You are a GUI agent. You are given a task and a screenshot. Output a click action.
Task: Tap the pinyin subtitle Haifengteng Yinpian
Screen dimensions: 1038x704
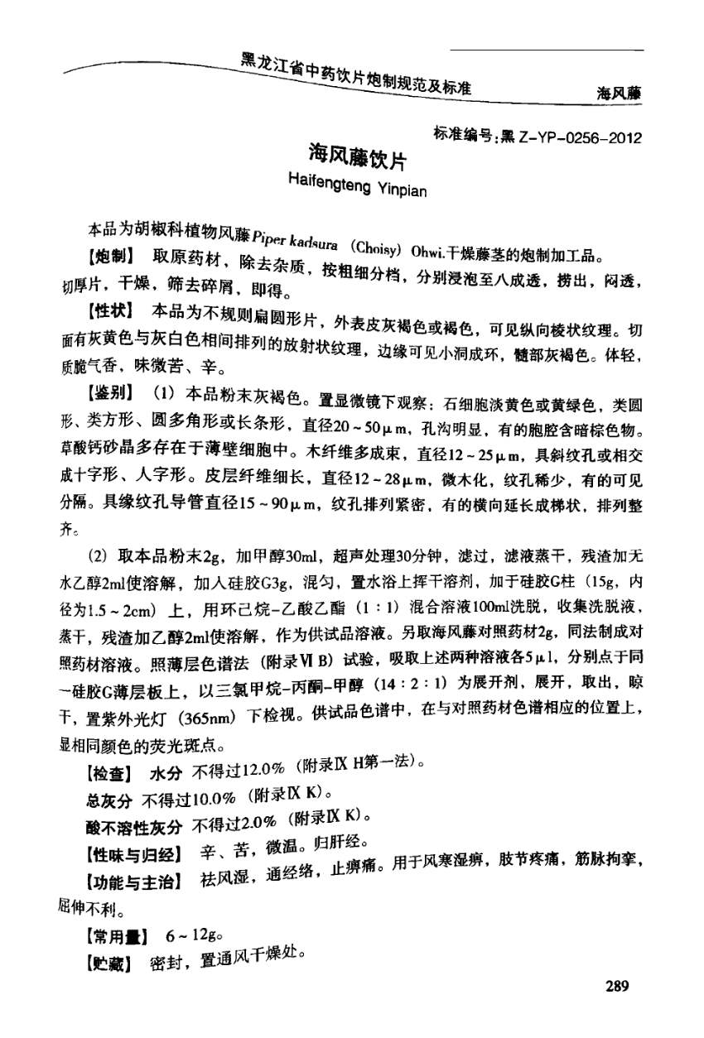click(x=356, y=184)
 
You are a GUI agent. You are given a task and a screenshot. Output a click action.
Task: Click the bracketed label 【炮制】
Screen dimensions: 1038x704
click(x=113, y=255)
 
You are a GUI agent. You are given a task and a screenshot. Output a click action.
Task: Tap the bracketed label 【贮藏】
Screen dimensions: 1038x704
click(x=113, y=965)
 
